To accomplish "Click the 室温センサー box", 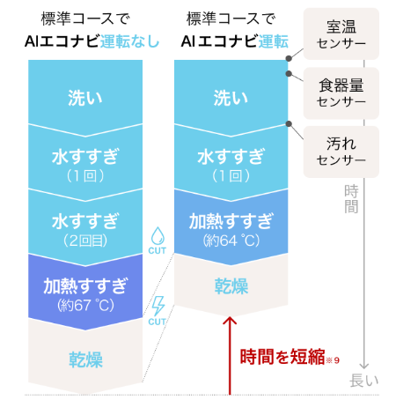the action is (x=341, y=33).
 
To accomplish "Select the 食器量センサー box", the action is (x=341, y=93).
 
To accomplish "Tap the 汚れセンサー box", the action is (x=341, y=152).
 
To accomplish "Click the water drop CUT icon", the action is (x=158, y=241).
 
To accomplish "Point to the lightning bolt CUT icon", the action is (x=158, y=311).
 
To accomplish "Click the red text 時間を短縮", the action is (x=282, y=357).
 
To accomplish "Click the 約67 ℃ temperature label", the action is (x=85, y=305).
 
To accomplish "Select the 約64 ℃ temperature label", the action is (x=231, y=241).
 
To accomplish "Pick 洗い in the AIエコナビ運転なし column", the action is (x=85, y=98).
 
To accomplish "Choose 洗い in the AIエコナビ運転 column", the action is (x=231, y=98).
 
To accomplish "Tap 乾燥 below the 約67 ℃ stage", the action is (x=85, y=359).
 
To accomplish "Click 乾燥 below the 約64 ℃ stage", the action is (x=231, y=286).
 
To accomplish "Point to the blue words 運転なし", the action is (x=130, y=41).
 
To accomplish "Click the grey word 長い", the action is (x=364, y=381).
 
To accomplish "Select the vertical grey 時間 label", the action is (x=351, y=199).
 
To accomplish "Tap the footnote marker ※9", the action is (x=333, y=360).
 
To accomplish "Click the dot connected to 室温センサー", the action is (x=289, y=58).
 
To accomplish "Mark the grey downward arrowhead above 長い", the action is (x=364, y=366).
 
